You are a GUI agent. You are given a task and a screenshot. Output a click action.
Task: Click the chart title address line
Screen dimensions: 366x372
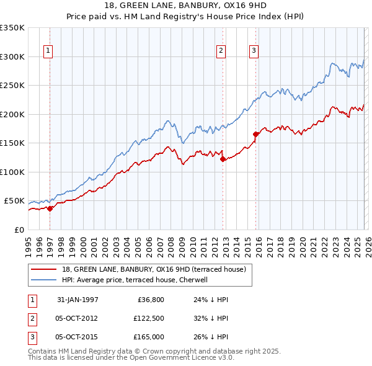[x=186, y=6]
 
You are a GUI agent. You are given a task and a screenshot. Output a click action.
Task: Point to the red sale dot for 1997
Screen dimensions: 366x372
[x=50, y=208]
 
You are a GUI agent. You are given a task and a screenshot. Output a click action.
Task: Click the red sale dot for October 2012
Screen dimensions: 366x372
[x=223, y=159]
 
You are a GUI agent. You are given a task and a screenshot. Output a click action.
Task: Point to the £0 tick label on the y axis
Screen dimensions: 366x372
[x=19, y=230]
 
